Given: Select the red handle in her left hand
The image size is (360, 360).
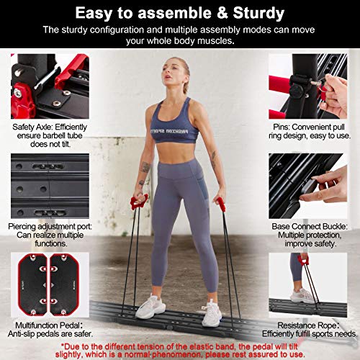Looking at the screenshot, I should tap(220, 204).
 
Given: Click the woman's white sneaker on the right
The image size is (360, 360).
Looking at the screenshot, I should tap(210, 312).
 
